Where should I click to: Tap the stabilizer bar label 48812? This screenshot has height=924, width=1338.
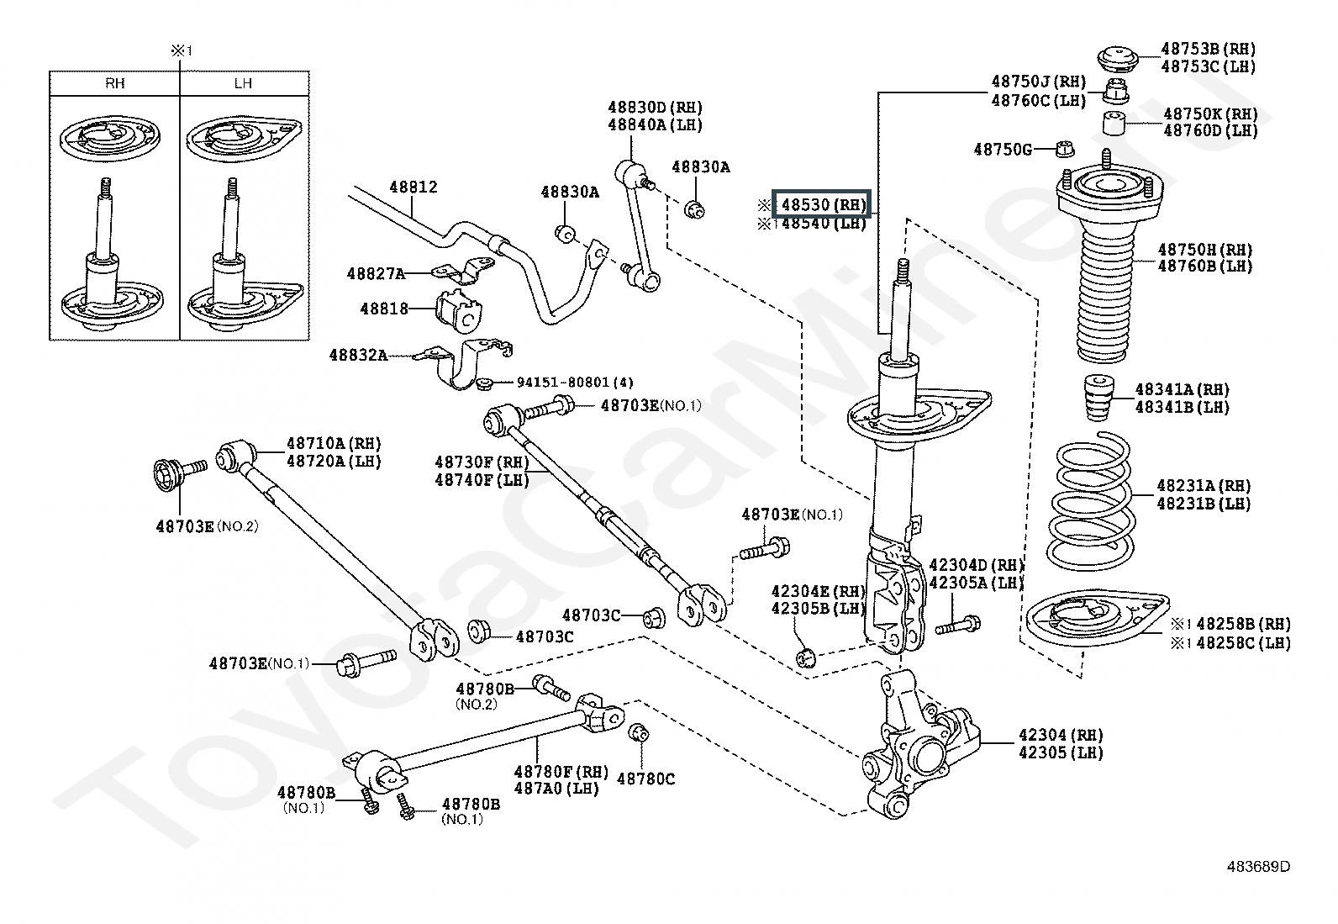point(413,187)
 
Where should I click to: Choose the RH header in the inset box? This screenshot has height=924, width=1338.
point(115,83)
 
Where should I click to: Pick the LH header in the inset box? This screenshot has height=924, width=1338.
point(244,83)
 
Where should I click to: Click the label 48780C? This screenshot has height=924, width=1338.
point(645,779)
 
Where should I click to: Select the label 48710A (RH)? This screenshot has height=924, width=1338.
point(333,443)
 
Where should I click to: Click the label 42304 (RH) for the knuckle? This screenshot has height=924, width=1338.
point(1061,735)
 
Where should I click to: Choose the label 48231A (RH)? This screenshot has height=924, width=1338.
point(1203,486)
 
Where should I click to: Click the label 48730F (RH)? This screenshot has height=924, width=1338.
point(482,462)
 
